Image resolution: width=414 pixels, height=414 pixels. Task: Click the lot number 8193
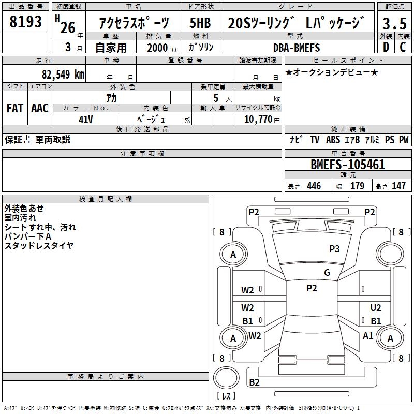(26, 21)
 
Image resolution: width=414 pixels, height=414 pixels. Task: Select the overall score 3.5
(394, 23)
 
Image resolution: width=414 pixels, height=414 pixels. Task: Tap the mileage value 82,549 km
(63, 74)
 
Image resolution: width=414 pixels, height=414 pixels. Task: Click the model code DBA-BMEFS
(297, 48)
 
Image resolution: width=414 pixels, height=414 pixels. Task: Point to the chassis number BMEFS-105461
(348, 165)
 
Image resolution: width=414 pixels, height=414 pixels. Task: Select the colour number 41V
(86, 119)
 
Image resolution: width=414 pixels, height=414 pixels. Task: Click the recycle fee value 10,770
(257, 120)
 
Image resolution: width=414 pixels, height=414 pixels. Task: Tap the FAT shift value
(15, 108)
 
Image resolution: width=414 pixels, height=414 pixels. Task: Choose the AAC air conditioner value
(40, 108)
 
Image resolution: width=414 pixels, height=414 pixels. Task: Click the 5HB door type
(200, 23)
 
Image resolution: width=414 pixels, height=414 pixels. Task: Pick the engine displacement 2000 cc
(158, 48)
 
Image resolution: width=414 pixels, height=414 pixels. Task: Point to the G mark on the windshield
(327, 273)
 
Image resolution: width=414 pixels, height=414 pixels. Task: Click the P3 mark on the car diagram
(334, 249)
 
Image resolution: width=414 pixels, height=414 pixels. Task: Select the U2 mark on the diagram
(376, 308)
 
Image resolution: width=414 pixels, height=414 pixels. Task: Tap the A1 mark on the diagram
(368, 335)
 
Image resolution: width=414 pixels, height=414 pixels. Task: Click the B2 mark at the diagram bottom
(254, 382)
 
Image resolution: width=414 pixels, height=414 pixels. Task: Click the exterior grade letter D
(386, 48)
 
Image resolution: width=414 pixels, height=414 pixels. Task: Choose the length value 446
(314, 186)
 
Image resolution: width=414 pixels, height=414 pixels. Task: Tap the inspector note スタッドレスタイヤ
(39, 245)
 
